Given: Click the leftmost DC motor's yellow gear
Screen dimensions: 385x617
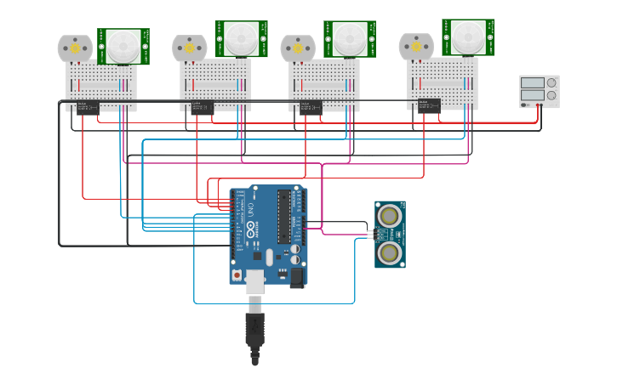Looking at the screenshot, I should pos(75,48).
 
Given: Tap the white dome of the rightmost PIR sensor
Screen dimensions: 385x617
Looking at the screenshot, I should pos(467,37).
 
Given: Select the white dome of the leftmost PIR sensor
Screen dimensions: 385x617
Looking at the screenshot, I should pos(123,46).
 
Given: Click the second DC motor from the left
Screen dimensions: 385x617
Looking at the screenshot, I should pos(189,48).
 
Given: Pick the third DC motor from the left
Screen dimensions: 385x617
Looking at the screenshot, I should pos(298,48).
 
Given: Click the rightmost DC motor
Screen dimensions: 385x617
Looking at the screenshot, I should pos(416,47).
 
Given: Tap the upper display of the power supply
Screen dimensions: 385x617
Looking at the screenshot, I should pos(532,82).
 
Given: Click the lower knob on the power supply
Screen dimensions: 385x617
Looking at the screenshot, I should pos(551,95).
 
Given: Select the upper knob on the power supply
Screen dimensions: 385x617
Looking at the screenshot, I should pos(551,82).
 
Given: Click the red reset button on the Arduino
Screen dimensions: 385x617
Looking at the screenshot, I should pos(237,275).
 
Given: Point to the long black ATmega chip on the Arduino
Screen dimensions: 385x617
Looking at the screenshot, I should pos(283,218).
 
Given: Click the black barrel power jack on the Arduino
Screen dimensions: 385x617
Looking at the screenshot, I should pos(297,276).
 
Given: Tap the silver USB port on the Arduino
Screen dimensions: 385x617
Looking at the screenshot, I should pos(255,281).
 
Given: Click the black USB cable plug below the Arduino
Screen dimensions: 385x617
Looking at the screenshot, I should pos(254,328).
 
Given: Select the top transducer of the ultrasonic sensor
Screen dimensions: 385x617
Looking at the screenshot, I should pos(390,214).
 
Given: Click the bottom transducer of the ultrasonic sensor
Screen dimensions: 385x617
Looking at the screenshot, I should pos(390,252).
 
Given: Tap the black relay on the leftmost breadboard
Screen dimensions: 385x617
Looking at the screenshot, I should pos(88,107).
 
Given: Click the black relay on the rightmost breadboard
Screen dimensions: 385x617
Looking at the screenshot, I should pos(428,105).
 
